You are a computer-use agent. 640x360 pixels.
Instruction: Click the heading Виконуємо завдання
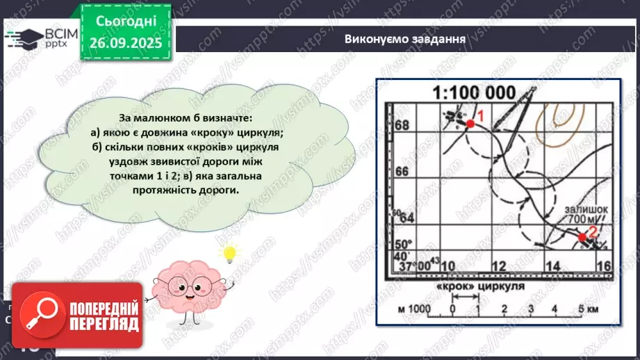pyautogui.click(x=404, y=38)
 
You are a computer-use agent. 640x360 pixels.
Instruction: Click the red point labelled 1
pyautogui.click(x=470, y=123)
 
